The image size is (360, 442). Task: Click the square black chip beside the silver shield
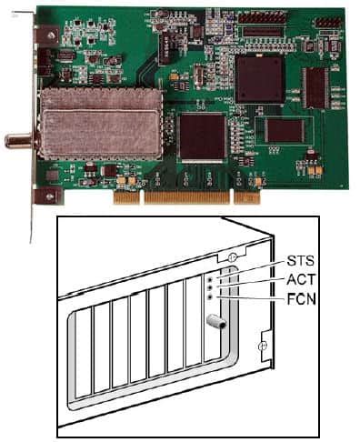[x=202, y=137]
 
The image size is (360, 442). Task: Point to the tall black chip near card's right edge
[x=315, y=87]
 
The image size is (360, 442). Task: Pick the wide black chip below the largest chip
[x=285, y=130]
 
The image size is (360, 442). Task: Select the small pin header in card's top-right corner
[x=326, y=22]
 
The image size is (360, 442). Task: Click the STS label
[x=301, y=261]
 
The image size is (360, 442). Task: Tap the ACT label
[x=301, y=279]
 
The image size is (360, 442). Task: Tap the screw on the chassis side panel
[x=262, y=346]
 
